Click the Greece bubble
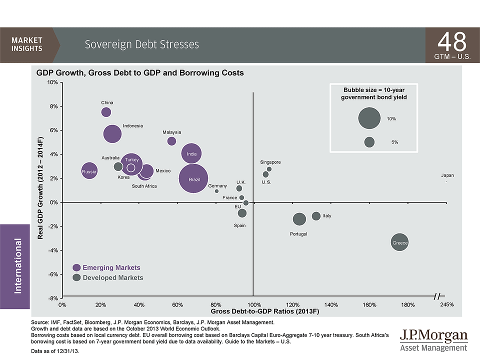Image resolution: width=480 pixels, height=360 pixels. (x=399, y=243)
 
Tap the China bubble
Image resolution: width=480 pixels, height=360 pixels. (x=106, y=112)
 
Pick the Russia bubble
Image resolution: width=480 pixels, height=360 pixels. (x=89, y=171)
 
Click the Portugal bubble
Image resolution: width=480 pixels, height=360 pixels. (x=299, y=219)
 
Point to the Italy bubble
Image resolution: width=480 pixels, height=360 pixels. (x=316, y=216)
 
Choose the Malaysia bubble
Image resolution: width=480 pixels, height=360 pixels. (x=171, y=141)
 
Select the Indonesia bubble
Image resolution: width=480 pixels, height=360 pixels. (x=112, y=133)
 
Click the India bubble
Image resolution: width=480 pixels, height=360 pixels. (x=191, y=153)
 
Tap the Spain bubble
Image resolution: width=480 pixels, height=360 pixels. (x=242, y=213)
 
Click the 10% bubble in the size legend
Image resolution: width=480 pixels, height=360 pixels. (x=370, y=118)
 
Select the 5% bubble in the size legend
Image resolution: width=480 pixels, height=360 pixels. (x=369, y=142)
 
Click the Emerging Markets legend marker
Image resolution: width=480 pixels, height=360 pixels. (x=76, y=267)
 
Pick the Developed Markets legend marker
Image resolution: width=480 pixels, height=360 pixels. (x=76, y=277)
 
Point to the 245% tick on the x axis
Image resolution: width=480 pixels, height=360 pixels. (x=446, y=304)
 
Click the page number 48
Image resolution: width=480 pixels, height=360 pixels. (x=452, y=41)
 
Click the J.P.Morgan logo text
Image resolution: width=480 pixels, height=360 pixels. (x=433, y=335)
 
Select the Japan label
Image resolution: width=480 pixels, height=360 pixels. (x=447, y=175)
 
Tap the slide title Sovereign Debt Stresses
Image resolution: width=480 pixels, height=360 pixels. (x=141, y=44)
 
